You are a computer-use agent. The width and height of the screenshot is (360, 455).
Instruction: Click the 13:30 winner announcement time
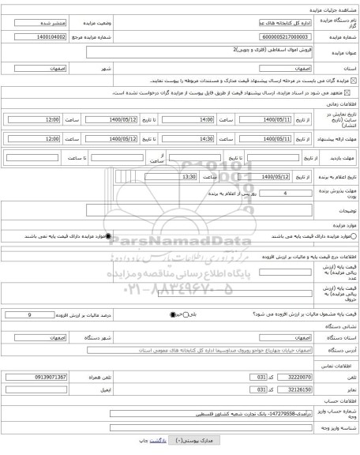(167, 176)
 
